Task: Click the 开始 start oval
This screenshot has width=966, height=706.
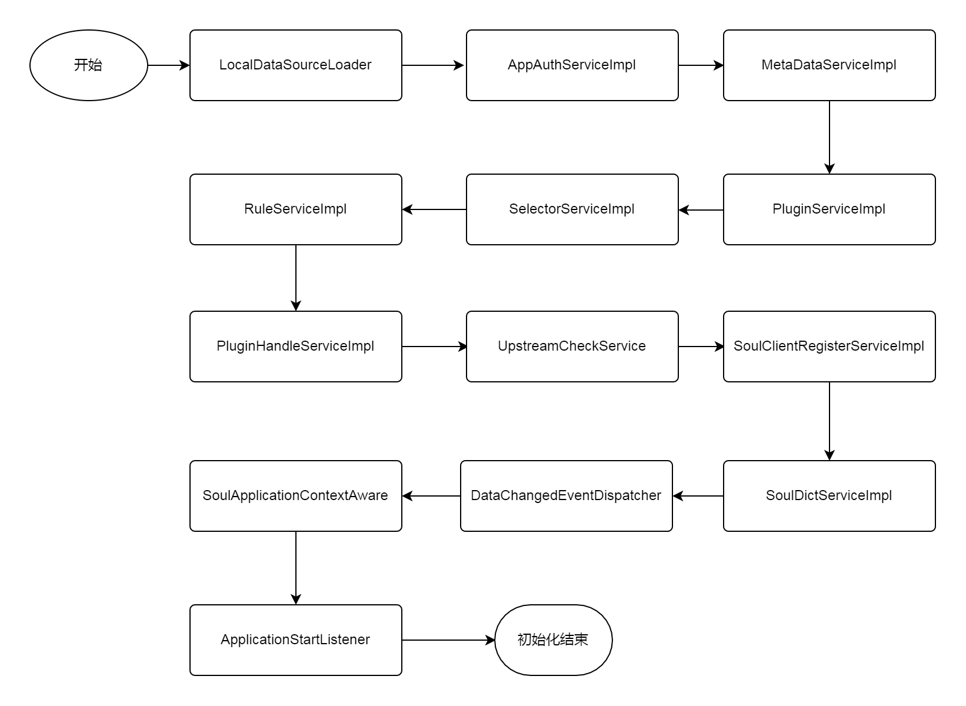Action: [89, 65]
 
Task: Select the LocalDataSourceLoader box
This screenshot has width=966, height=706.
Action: [296, 65]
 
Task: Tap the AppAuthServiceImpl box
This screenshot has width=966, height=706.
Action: [572, 65]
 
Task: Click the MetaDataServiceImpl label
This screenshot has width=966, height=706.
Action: [829, 65]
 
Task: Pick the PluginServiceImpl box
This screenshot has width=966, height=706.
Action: [830, 209]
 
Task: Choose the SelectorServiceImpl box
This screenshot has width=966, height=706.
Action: [572, 209]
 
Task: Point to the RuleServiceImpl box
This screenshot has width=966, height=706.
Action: [296, 209]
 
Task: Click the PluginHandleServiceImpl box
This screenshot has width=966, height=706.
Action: [296, 347]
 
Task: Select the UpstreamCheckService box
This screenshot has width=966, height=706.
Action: [572, 347]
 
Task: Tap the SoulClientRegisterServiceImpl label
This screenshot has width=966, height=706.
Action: [829, 346]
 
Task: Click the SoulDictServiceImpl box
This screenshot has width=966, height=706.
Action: [830, 496]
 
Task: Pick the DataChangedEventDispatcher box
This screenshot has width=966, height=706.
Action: [566, 496]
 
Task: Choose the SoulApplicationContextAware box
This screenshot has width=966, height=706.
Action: [296, 496]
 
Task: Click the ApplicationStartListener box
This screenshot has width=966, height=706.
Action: [296, 640]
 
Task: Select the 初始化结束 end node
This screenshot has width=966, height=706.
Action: [553, 640]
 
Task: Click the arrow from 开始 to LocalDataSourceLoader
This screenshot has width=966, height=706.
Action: [169, 65]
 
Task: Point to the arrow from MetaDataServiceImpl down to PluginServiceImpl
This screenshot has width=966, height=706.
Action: [830, 137]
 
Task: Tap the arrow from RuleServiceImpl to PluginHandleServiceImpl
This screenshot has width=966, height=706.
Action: [296, 278]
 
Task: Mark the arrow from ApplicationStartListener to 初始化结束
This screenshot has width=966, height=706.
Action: [448, 640]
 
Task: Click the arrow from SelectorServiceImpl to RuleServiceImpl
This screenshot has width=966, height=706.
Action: [434, 209]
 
